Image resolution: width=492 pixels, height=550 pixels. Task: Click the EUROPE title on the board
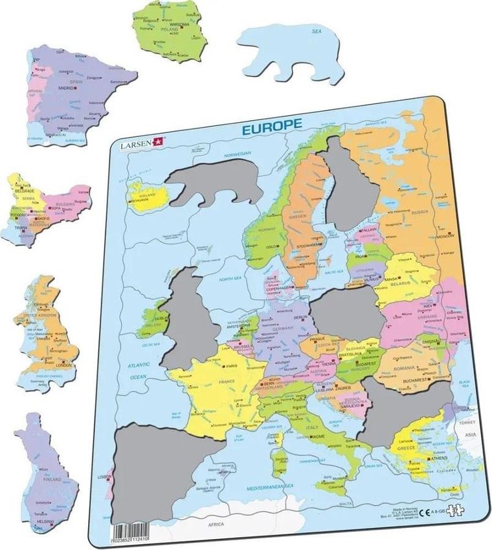point(271,125)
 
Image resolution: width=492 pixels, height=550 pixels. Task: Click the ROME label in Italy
point(319,437)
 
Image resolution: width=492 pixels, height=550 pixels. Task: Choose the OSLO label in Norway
point(271,246)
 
